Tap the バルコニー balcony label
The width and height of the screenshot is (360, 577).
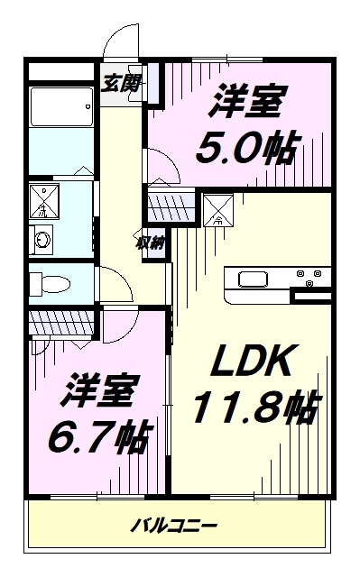[174, 526]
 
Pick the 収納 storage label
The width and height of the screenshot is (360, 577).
[151, 243]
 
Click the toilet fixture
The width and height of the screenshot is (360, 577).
[50, 284]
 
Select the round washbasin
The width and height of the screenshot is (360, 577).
[42, 240]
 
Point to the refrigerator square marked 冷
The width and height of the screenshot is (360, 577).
[218, 210]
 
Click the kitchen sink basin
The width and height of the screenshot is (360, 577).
[254, 279]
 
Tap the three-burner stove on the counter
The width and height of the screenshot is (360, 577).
[309, 277]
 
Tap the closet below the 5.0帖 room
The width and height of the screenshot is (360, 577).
[171, 204]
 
